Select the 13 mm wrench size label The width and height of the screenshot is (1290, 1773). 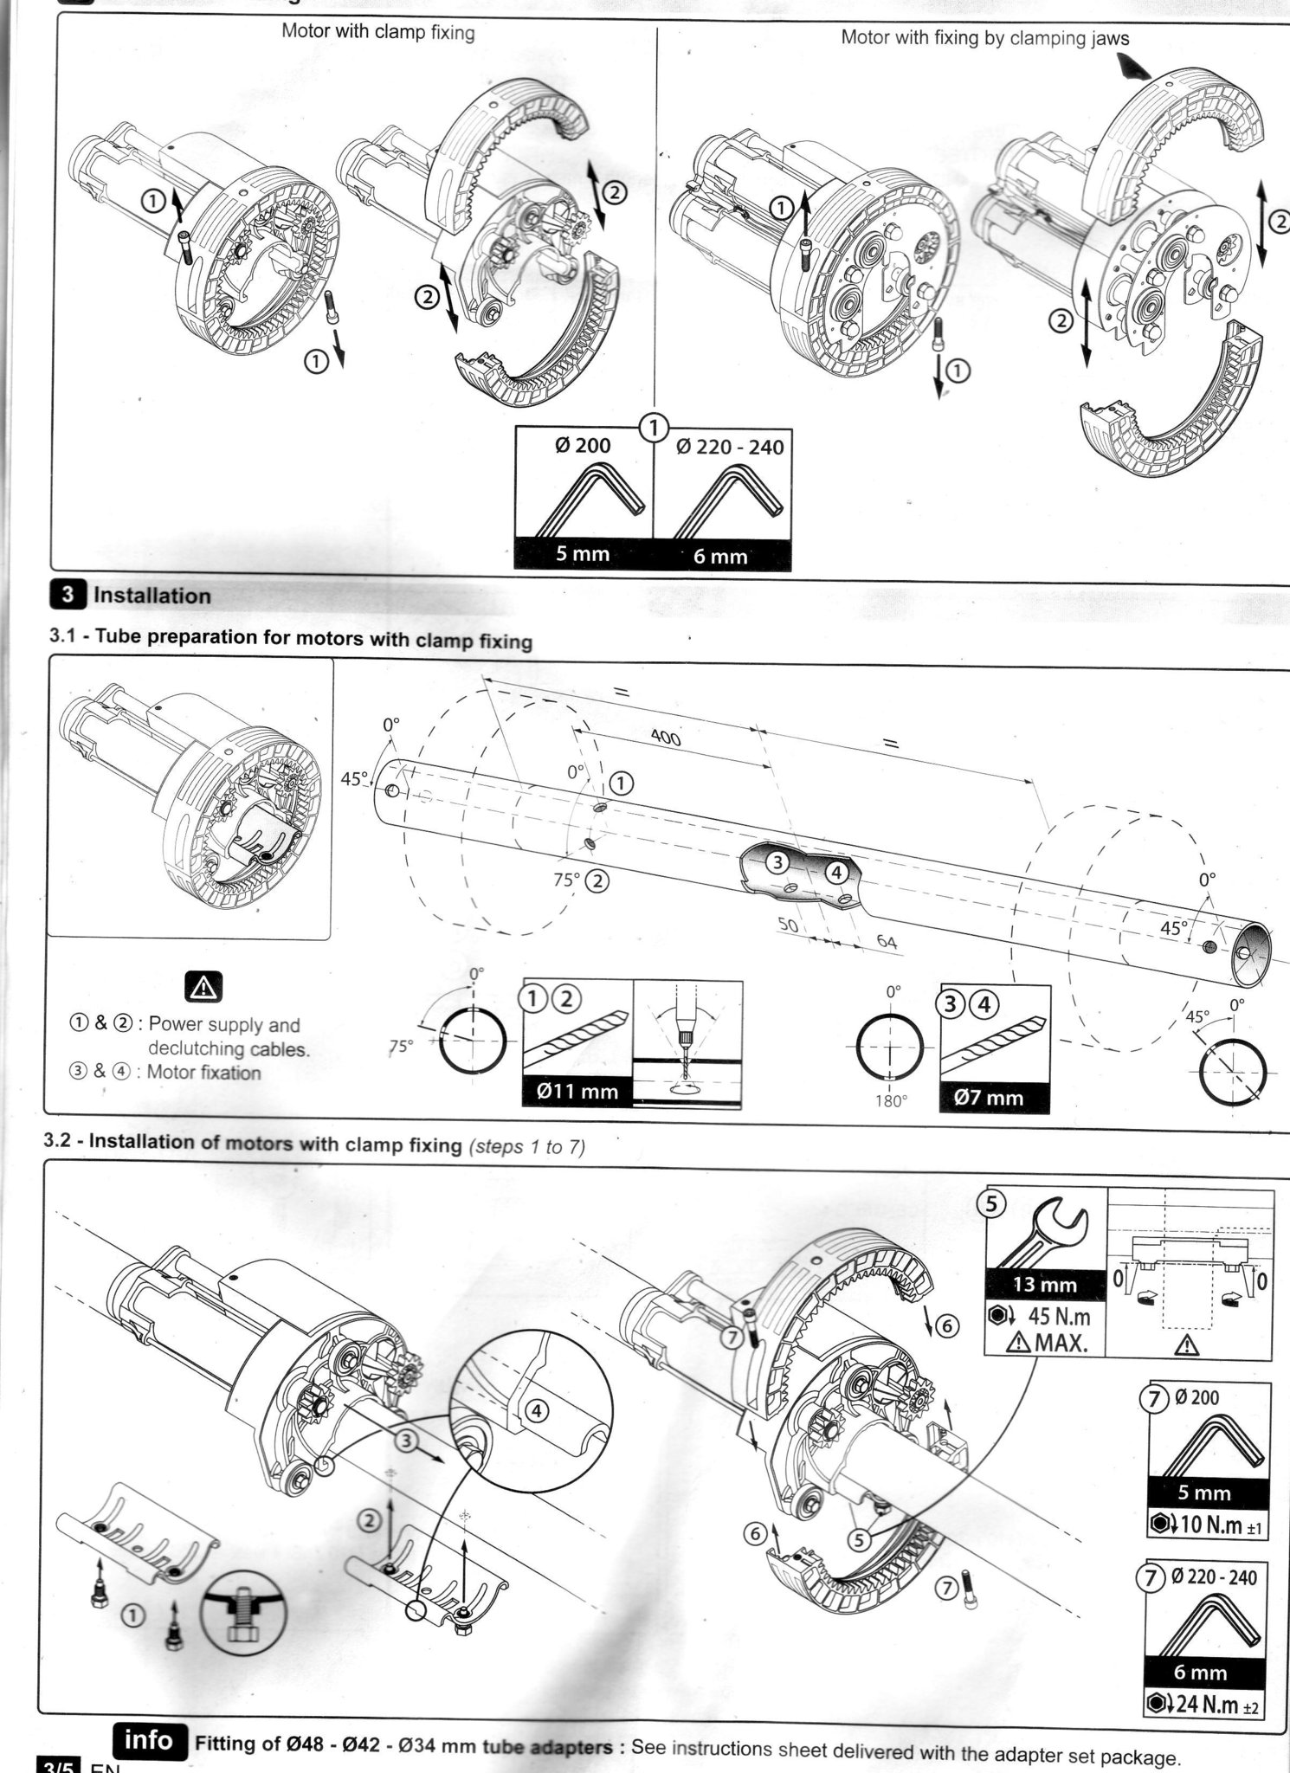[x=1045, y=1285]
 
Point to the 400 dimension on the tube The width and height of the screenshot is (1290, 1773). [x=665, y=737]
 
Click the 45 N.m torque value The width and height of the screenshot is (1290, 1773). [x=1058, y=1317]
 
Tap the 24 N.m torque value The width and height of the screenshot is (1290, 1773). [x=1210, y=1705]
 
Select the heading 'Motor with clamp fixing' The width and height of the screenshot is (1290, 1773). [x=378, y=32]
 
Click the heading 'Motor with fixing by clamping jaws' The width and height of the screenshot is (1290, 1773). [x=984, y=38]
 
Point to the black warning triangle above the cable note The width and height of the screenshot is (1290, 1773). [x=204, y=985]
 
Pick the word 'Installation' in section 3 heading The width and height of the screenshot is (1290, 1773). [x=152, y=596]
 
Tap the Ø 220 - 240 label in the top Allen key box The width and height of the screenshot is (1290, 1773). [x=729, y=447]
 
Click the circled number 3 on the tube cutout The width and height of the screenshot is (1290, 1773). [x=777, y=861]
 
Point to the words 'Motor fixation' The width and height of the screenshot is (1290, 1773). [x=203, y=1073]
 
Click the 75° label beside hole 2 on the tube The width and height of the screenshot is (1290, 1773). [x=566, y=880]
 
